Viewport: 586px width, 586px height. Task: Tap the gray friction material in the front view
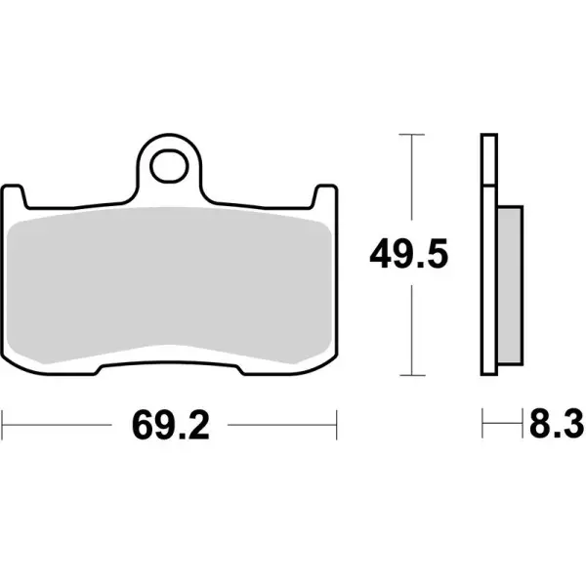pyautogui.click(x=170, y=283)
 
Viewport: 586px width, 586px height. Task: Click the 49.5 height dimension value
pyautogui.click(x=408, y=256)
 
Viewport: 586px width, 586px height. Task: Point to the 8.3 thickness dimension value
pyautogui.click(x=556, y=426)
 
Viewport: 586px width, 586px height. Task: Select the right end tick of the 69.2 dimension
pyautogui.click(x=337, y=426)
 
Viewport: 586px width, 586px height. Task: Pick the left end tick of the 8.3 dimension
pyautogui.click(x=482, y=426)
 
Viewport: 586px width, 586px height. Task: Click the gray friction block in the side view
pyautogui.click(x=509, y=283)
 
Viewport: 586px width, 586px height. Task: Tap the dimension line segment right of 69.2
pyautogui.click(x=283, y=426)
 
